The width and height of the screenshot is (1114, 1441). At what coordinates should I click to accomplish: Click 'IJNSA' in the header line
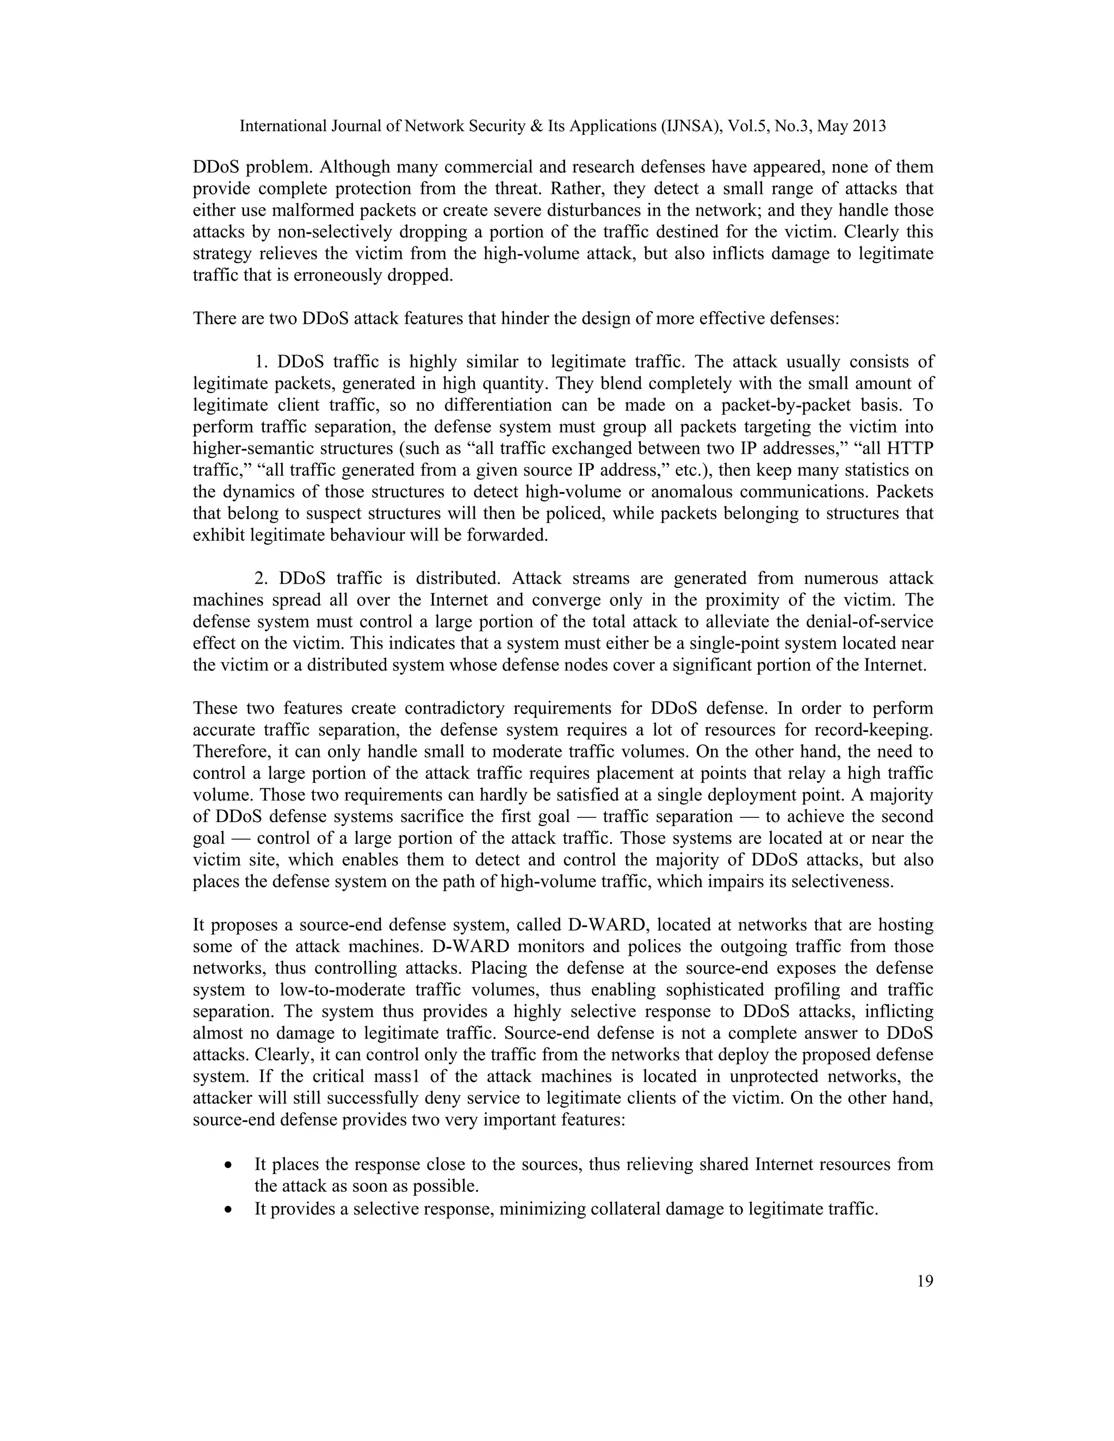tap(691, 126)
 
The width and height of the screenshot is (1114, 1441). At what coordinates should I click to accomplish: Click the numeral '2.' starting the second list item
tap(263, 578)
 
